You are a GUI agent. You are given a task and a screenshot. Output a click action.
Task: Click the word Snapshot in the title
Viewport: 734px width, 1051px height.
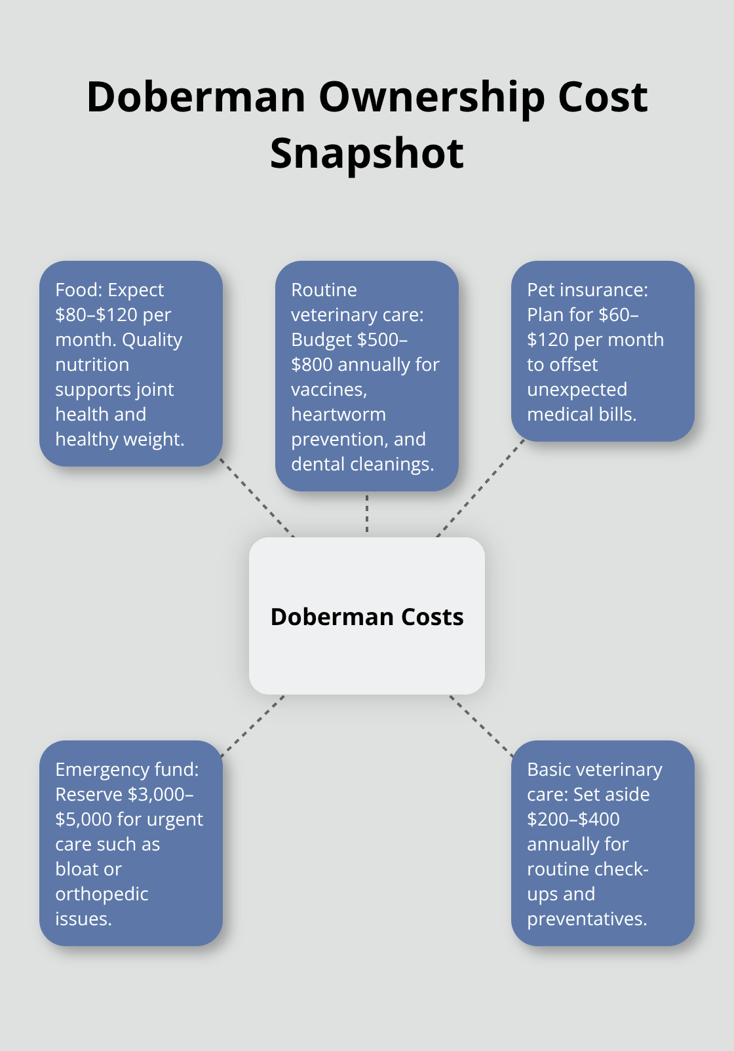[366, 154]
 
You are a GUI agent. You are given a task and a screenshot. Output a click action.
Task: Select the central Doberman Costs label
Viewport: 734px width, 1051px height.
[367, 617]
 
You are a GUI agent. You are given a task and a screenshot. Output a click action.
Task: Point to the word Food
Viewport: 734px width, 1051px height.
[79, 290]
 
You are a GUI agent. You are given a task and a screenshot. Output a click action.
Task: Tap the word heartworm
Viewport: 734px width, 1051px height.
[338, 415]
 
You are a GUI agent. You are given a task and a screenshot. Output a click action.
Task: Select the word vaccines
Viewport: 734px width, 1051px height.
[328, 390]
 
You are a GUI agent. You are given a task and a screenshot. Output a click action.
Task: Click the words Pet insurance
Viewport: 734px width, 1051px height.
[587, 290]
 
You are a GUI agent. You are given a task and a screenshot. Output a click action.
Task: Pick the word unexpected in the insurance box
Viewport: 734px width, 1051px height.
[577, 390]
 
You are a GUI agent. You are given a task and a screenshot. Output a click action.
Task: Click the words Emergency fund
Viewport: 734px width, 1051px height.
[126, 770]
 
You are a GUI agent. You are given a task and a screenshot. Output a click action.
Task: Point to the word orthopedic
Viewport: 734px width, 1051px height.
[102, 894]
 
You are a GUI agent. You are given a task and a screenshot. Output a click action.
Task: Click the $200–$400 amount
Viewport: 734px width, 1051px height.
[573, 820]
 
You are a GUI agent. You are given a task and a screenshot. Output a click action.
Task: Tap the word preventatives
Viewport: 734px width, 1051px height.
[587, 919]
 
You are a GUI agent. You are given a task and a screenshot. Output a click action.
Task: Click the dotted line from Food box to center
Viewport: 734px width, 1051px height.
[257, 498]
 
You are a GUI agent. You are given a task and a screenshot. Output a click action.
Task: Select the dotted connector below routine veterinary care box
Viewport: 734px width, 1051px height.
[367, 514]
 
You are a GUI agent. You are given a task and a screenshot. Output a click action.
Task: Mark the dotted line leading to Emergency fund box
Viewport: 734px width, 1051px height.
[253, 726]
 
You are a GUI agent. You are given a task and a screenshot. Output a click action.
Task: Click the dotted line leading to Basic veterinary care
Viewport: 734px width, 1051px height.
[482, 726]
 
